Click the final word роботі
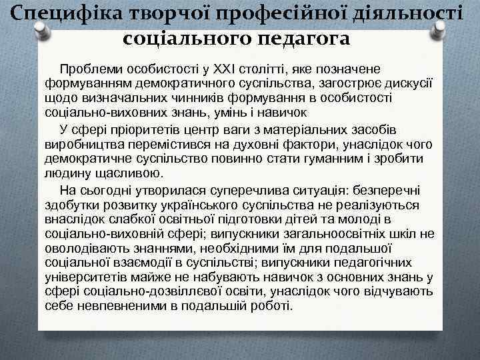click(x=273, y=306)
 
